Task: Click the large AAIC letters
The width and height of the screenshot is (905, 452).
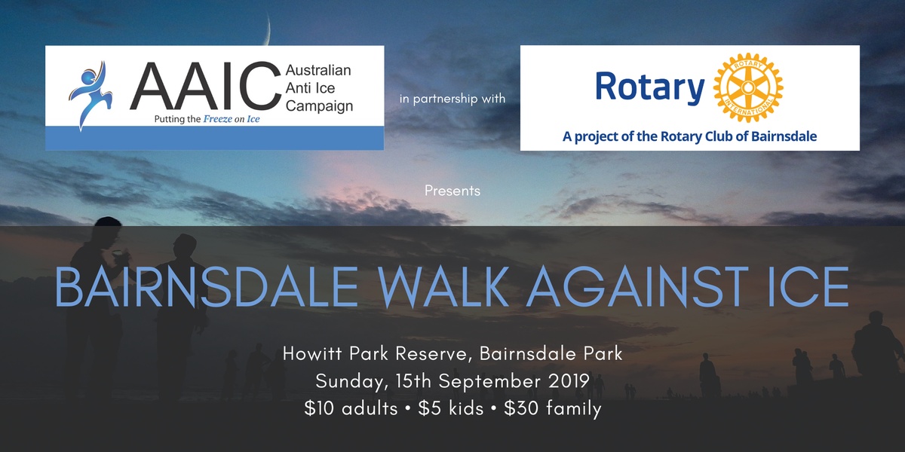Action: (x=205, y=86)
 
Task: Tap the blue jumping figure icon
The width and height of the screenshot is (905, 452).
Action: (x=90, y=95)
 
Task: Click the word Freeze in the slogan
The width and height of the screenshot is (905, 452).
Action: (x=218, y=119)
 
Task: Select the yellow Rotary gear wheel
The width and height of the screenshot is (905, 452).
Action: (x=748, y=87)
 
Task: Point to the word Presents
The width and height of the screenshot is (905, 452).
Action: (x=452, y=191)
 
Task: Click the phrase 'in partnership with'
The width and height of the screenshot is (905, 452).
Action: (x=452, y=99)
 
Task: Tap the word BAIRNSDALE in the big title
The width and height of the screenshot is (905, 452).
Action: (x=207, y=287)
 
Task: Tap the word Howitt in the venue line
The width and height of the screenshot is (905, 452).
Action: (x=313, y=353)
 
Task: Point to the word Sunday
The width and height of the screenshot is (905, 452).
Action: (x=350, y=382)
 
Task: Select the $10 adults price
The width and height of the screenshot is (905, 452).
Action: (x=351, y=408)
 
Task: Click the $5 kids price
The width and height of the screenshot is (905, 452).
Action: (x=451, y=408)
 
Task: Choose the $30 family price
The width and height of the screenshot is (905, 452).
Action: (x=553, y=409)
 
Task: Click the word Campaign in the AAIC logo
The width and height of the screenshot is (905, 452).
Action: (x=319, y=106)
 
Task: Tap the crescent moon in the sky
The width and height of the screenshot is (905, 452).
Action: (x=267, y=29)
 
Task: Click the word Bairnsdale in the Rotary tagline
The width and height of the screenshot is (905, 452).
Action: (x=784, y=136)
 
